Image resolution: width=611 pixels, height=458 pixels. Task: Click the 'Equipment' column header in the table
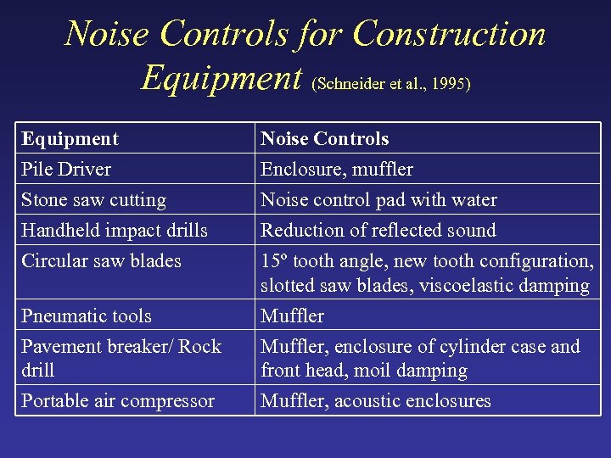(70, 139)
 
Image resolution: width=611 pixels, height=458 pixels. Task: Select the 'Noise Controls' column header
(324, 139)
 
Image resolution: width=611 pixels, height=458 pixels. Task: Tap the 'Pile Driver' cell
(66, 170)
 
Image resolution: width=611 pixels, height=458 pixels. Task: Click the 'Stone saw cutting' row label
(93, 200)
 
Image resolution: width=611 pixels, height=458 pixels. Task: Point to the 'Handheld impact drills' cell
(115, 231)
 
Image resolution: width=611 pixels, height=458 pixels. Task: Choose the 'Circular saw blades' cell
(101, 261)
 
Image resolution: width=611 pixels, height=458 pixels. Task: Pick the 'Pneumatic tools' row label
(87, 316)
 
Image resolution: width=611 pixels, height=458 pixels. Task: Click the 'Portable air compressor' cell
(118, 401)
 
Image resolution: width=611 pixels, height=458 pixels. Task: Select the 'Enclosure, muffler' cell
(337, 170)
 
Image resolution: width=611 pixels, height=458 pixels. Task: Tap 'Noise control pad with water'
(378, 200)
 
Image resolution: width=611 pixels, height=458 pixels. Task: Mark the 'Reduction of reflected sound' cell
(378, 231)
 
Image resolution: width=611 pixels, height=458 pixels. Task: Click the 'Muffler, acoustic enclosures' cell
(376, 401)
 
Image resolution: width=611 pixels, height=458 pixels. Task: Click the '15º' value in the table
(276, 261)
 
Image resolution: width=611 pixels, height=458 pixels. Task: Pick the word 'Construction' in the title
(449, 34)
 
